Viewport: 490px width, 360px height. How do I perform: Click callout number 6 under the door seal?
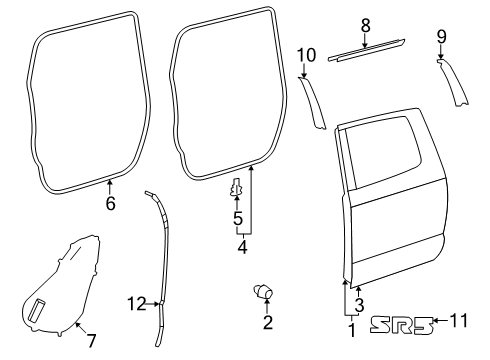click(x=110, y=204)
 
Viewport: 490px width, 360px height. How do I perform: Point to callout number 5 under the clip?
click(x=237, y=217)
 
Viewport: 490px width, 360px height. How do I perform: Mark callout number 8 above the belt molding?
click(x=365, y=23)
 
